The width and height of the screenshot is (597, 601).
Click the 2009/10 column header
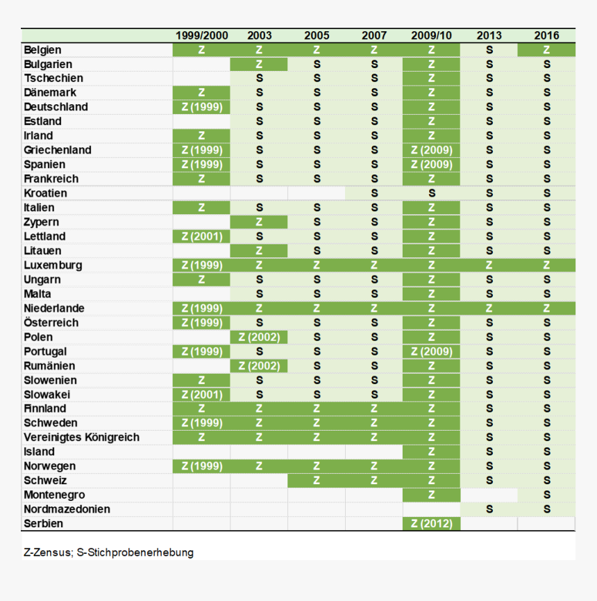431,35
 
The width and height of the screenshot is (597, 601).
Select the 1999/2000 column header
201,35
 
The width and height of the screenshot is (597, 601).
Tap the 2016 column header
546,35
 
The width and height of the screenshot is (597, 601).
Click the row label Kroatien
45,193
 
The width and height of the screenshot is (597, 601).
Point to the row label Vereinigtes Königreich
81,438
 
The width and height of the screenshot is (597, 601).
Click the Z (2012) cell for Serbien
431,524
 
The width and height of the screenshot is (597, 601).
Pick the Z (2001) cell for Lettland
201,236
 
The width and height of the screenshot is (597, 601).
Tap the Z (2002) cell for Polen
259,337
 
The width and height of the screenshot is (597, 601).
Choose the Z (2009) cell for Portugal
431,352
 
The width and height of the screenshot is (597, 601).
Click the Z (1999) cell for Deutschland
201,107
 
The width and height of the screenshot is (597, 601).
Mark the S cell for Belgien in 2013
489,50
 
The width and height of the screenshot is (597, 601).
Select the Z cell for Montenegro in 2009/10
431,495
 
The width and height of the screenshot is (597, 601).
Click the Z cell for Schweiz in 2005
317,481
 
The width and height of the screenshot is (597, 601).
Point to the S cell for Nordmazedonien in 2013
489,509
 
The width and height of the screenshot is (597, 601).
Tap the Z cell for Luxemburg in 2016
546,265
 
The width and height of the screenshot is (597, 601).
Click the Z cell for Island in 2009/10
431,452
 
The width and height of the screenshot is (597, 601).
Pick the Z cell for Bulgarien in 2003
259,64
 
